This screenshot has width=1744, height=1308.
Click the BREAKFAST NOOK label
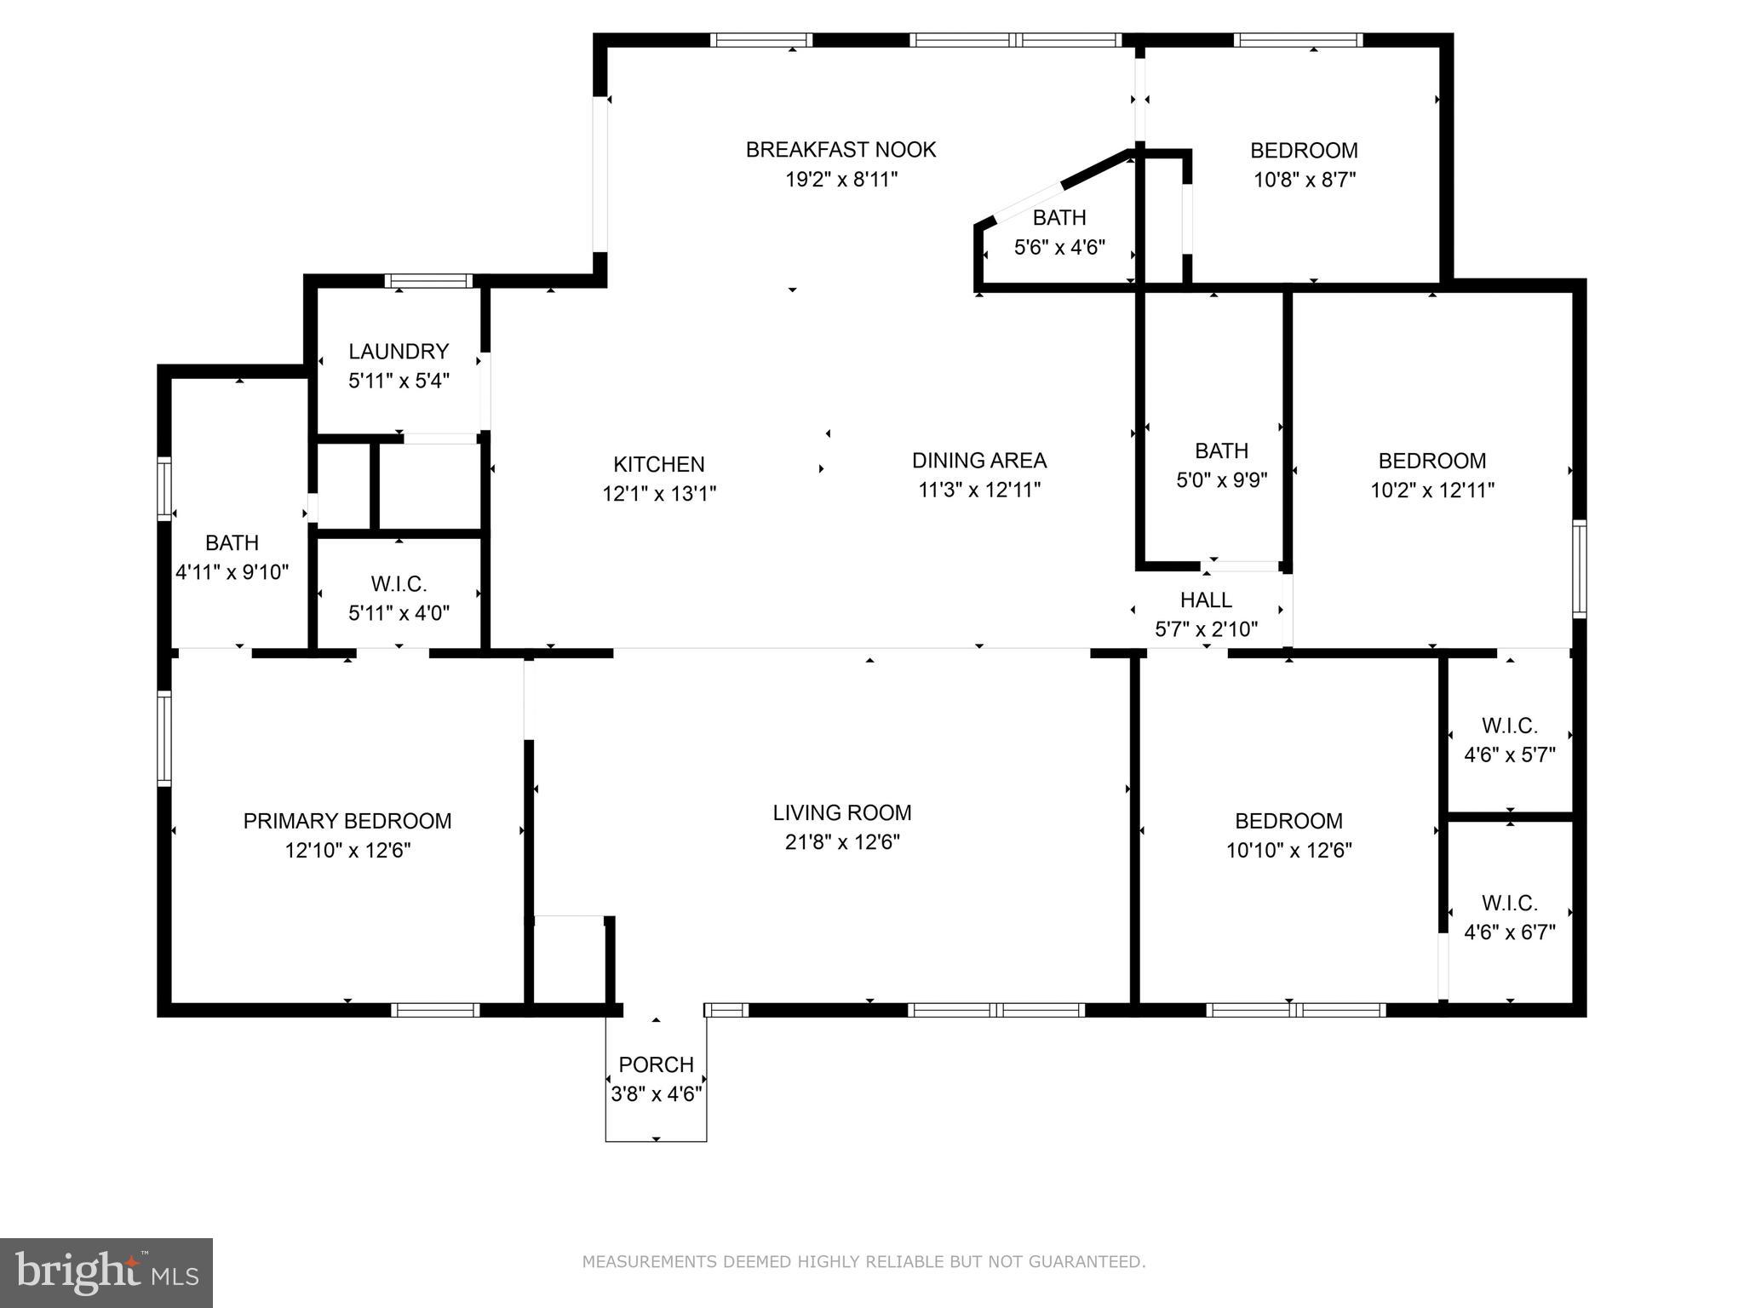tap(840, 150)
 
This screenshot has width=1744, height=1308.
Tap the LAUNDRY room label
tap(399, 351)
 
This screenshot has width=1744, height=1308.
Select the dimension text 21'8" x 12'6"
tap(842, 842)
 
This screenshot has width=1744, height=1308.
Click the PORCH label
tap(656, 1064)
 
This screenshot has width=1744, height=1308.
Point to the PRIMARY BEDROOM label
tap(347, 821)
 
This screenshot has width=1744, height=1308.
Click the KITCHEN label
tap(659, 464)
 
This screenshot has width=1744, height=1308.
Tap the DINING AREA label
tap(979, 461)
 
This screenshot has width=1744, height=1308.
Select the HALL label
tap(1206, 600)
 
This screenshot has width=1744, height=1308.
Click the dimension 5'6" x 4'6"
tap(1059, 248)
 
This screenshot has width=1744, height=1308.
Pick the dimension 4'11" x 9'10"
tap(232, 572)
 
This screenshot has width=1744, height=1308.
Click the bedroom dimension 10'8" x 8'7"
tap(1305, 181)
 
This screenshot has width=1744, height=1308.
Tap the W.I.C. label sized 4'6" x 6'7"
tap(1510, 903)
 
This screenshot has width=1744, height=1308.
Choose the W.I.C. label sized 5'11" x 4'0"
tap(399, 584)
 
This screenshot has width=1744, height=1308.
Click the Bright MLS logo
tap(106, 1273)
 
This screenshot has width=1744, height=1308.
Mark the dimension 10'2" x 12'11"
tap(1432, 490)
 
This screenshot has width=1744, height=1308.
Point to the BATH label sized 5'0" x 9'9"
tap(1221, 450)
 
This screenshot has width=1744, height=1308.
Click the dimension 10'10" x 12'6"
tap(1289, 851)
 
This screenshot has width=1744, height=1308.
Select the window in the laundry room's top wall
tap(428, 281)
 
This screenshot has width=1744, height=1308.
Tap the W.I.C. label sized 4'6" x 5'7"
tap(1510, 726)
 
